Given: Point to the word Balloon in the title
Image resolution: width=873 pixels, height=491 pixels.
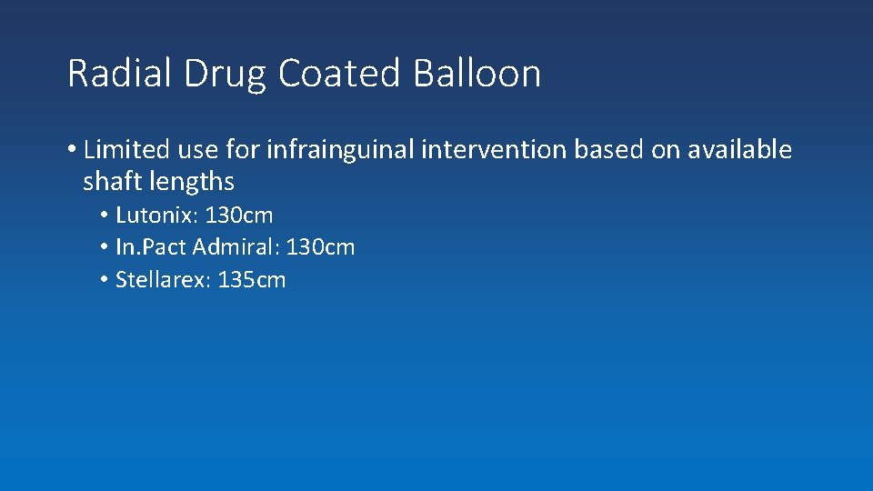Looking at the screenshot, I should [x=477, y=74].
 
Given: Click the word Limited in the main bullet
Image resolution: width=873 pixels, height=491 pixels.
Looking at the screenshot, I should [x=126, y=150].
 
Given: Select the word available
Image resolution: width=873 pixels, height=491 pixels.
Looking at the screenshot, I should [x=739, y=150].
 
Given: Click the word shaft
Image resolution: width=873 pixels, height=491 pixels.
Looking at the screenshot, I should [x=111, y=182].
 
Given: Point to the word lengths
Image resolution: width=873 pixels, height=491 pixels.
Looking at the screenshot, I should [x=192, y=182].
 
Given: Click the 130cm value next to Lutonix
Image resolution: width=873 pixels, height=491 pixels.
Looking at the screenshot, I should [x=239, y=215].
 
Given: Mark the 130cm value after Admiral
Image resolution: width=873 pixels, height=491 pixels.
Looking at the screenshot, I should [x=320, y=247].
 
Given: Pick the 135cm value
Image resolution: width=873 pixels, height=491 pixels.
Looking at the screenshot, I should [x=252, y=280].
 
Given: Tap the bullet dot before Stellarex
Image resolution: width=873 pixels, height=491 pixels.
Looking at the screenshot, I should [x=105, y=280].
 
